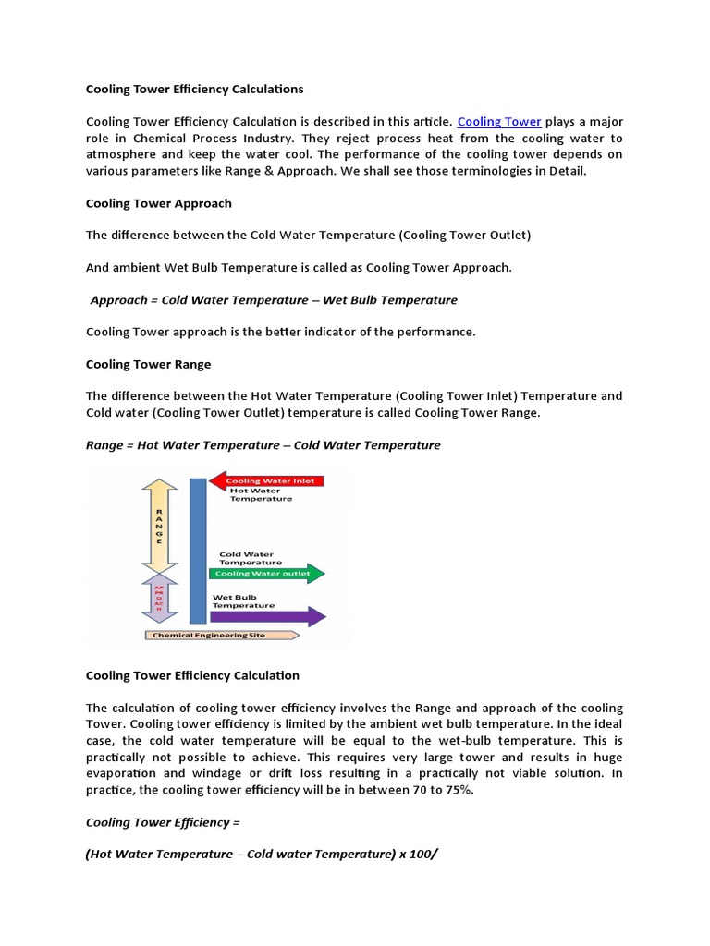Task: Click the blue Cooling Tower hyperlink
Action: (x=499, y=122)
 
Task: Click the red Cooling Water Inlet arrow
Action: (x=268, y=480)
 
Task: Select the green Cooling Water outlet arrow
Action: (x=268, y=574)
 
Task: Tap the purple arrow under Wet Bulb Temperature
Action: (x=268, y=616)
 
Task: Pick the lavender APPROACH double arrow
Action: (x=159, y=597)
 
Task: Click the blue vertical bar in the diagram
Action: (x=197, y=551)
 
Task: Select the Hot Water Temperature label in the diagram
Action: (x=261, y=495)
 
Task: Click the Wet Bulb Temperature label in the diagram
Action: (x=243, y=600)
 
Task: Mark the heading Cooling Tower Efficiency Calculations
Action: (x=194, y=90)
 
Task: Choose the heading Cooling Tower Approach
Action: (x=159, y=203)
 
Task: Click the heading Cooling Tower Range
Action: (x=148, y=364)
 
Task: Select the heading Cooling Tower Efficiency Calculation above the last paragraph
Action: (x=192, y=676)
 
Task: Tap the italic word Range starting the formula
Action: (x=104, y=445)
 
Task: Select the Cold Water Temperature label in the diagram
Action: (x=251, y=558)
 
